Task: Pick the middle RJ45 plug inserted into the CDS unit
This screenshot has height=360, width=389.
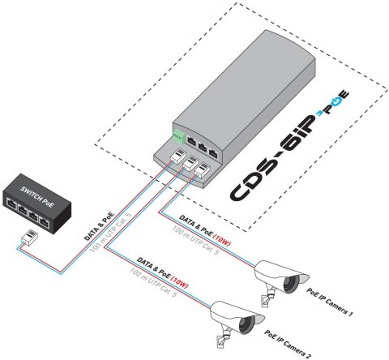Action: (192, 165)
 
